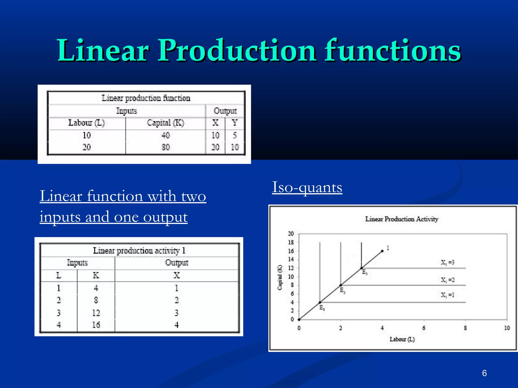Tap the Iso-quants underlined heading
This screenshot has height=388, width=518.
coord(307,187)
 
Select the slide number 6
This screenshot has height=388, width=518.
coord(484,373)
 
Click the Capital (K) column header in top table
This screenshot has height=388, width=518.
coord(165,123)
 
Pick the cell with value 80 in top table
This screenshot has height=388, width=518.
coord(165,147)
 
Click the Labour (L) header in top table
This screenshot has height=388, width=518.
coord(86,123)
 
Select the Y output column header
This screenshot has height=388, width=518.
coord(234,123)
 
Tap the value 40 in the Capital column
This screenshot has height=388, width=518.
coord(165,135)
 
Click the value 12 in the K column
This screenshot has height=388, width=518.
coord(96,313)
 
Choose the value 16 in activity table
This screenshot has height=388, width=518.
coord(96,325)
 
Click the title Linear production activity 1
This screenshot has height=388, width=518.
coord(139,251)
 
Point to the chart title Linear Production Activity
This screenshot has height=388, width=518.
coord(401,219)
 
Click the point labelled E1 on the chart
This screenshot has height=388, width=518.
coord(320,302)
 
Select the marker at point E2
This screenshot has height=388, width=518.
coord(341,285)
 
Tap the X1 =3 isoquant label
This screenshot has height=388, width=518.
coord(447,263)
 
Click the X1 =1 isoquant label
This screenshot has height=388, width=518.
coord(447,295)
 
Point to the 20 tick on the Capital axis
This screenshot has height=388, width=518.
coord(291,234)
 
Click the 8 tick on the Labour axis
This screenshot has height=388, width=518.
coord(465,328)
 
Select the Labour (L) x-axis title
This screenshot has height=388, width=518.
coord(402,339)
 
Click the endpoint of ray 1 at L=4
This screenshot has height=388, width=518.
coord(382,251)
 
